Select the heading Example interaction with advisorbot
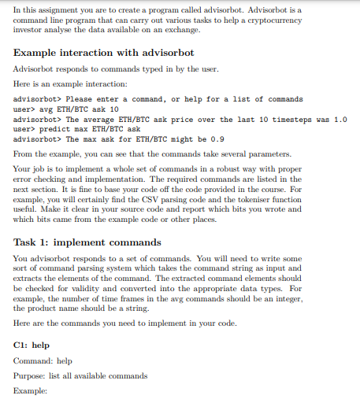point(104,53)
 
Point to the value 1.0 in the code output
point(340,119)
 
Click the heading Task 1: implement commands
point(87,242)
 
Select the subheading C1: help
point(32,345)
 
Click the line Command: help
point(43,360)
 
